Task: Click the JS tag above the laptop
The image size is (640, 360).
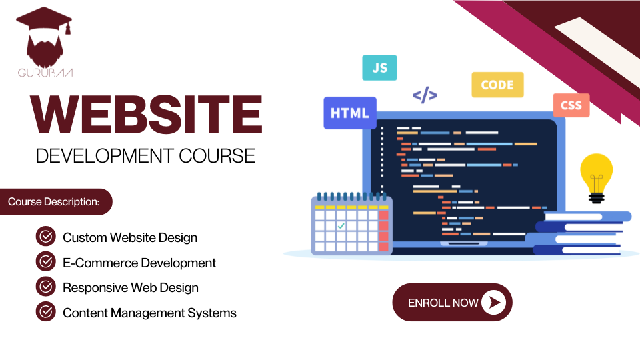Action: (379, 68)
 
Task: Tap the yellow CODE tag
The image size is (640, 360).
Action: (497, 85)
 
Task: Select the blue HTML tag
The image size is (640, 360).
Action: (350, 113)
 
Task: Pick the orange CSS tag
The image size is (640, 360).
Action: (571, 105)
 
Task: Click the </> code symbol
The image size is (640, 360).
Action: (425, 95)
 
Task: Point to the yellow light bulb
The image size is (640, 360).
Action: (596, 178)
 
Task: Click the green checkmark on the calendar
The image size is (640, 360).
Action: (341, 225)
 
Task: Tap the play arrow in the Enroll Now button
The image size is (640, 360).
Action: (493, 303)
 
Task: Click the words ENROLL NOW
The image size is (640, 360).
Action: (443, 303)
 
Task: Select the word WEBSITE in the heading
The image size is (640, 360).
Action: (146, 115)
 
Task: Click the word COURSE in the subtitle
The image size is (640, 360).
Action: (217, 156)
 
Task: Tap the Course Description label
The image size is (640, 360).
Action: (54, 201)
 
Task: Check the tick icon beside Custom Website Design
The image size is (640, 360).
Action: (46, 236)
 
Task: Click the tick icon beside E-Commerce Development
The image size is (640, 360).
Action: (46, 261)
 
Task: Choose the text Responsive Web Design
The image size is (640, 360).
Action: (131, 288)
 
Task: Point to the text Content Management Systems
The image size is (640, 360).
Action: (149, 313)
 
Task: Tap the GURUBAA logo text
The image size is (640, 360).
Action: (45, 73)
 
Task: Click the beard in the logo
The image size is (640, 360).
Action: (45, 51)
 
